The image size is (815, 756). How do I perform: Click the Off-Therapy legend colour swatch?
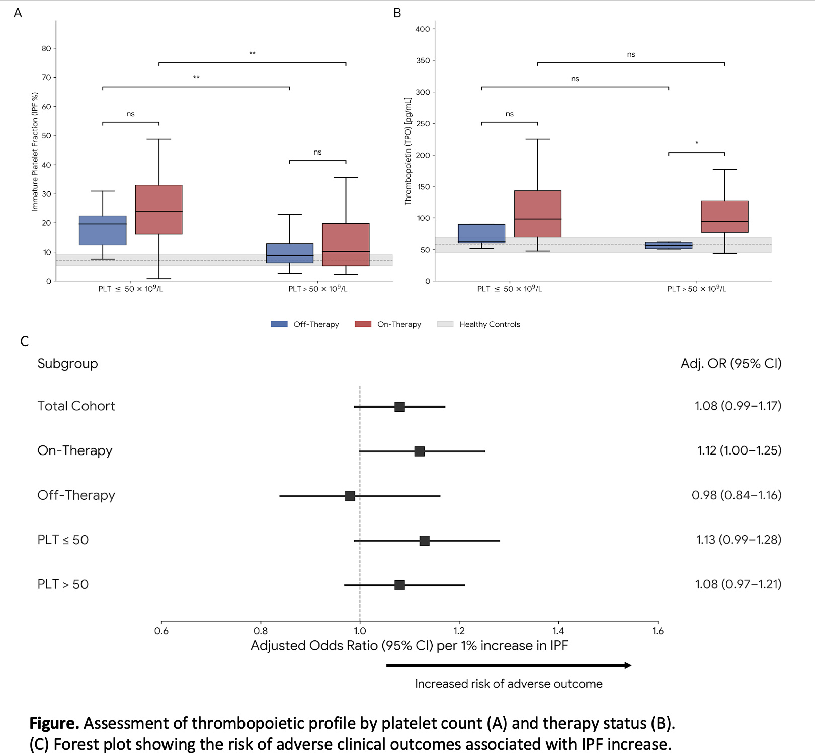(x=279, y=324)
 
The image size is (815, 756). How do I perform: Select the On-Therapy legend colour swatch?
(x=363, y=324)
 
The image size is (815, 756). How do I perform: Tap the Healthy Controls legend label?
(x=490, y=324)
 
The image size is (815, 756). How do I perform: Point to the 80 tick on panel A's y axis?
(x=46, y=48)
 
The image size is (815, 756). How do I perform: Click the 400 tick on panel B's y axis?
(x=423, y=29)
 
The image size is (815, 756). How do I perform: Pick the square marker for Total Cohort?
(x=399, y=407)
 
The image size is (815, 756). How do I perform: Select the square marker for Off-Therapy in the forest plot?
(x=350, y=496)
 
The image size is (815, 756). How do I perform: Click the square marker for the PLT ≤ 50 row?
(x=425, y=541)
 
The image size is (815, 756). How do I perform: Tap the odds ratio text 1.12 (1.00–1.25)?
(x=739, y=450)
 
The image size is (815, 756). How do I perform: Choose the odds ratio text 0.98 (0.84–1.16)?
(x=737, y=495)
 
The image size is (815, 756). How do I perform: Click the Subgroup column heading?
(x=67, y=364)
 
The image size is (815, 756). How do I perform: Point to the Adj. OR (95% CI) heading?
(x=731, y=364)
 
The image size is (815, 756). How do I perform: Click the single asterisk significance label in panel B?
(x=697, y=143)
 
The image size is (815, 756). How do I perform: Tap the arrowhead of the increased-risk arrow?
(x=628, y=665)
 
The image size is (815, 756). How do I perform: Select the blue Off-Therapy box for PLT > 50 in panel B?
(x=669, y=246)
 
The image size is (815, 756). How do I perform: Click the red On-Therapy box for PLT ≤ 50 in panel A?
(x=158, y=209)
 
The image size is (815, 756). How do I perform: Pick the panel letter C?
(x=25, y=342)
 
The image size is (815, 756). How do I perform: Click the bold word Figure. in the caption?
(x=54, y=723)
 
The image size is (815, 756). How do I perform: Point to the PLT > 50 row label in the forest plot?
(x=63, y=584)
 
